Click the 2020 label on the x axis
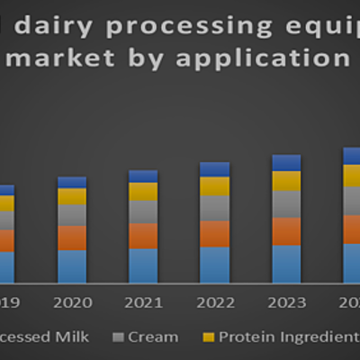[x=72, y=302]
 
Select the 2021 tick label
[x=143, y=302]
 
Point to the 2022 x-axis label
[x=214, y=302]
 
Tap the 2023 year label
[x=286, y=302]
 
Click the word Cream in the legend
[x=154, y=337]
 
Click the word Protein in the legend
[x=247, y=337]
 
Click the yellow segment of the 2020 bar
[x=72, y=196]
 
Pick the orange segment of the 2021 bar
[x=143, y=236]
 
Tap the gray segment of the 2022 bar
[x=214, y=208]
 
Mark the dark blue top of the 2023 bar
[x=286, y=162]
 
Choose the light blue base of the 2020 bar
[x=72, y=266]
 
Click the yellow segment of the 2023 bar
[x=286, y=181]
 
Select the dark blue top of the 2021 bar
[x=143, y=176]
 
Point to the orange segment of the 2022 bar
[x=214, y=234]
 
